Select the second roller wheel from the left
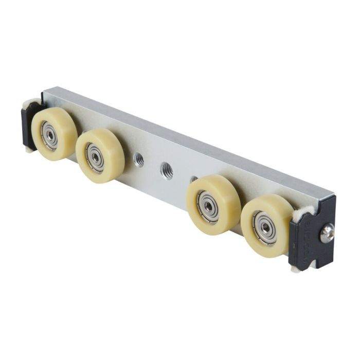coord(99,155)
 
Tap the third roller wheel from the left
coord(212,204)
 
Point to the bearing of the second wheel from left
coord(95,157)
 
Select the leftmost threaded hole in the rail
coord(138,160)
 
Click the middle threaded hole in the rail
coord(166,170)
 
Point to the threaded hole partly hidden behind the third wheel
coord(193,179)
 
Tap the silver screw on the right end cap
coord(327,235)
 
